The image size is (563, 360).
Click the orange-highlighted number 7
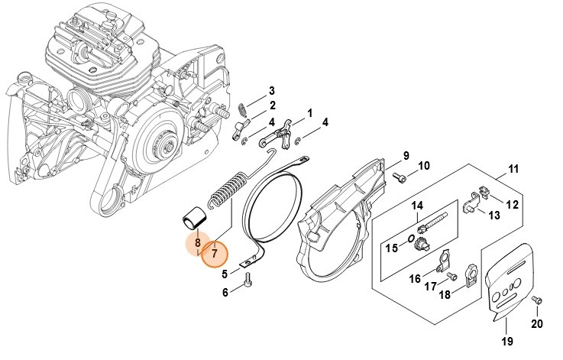215,252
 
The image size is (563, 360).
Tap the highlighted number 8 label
197,244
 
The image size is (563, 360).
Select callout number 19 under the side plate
506,341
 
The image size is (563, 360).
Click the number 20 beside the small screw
538,323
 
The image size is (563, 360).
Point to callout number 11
513,169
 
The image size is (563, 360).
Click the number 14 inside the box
417,206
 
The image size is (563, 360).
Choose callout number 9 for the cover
406,155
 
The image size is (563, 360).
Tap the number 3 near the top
271,91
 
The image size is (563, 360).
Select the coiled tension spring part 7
229,191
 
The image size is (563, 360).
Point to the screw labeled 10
399,177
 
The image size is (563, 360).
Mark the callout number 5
225,273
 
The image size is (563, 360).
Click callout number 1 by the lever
310,113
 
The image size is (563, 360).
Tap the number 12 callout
513,204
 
